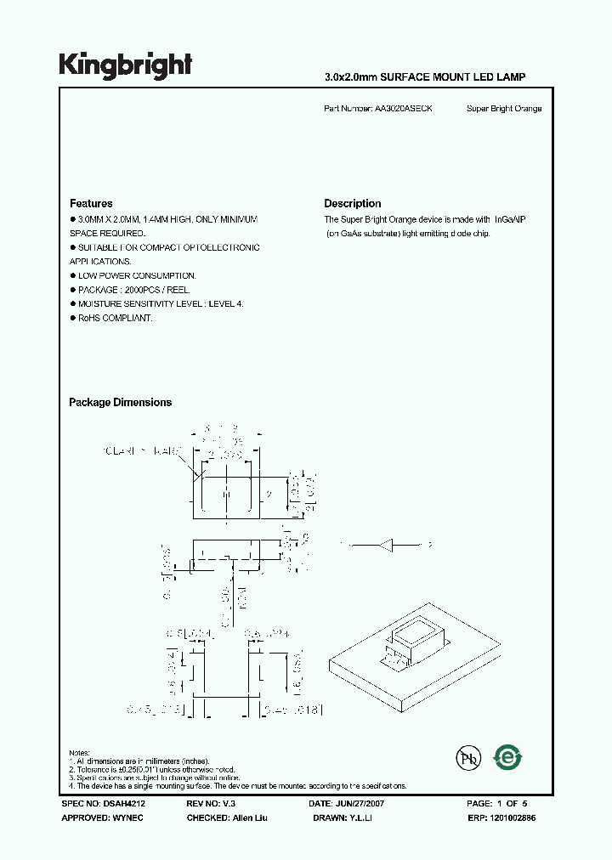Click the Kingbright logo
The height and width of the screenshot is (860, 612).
pyautogui.click(x=125, y=65)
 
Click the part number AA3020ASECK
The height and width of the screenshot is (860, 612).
pyautogui.click(x=403, y=109)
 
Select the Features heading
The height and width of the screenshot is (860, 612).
pyautogui.click(x=91, y=204)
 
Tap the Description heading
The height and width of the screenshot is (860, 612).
pyautogui.click(x=352, y=204)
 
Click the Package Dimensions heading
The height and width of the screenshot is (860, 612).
pyautogui.click(x=120, y=403)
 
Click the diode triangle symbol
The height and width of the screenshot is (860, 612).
pyautogui.click(x=387, y=545)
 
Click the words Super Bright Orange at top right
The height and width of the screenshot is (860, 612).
pyautogui.click(x=504, y=109)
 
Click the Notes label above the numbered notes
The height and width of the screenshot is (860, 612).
pyautogui.click(x=79, y=753)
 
